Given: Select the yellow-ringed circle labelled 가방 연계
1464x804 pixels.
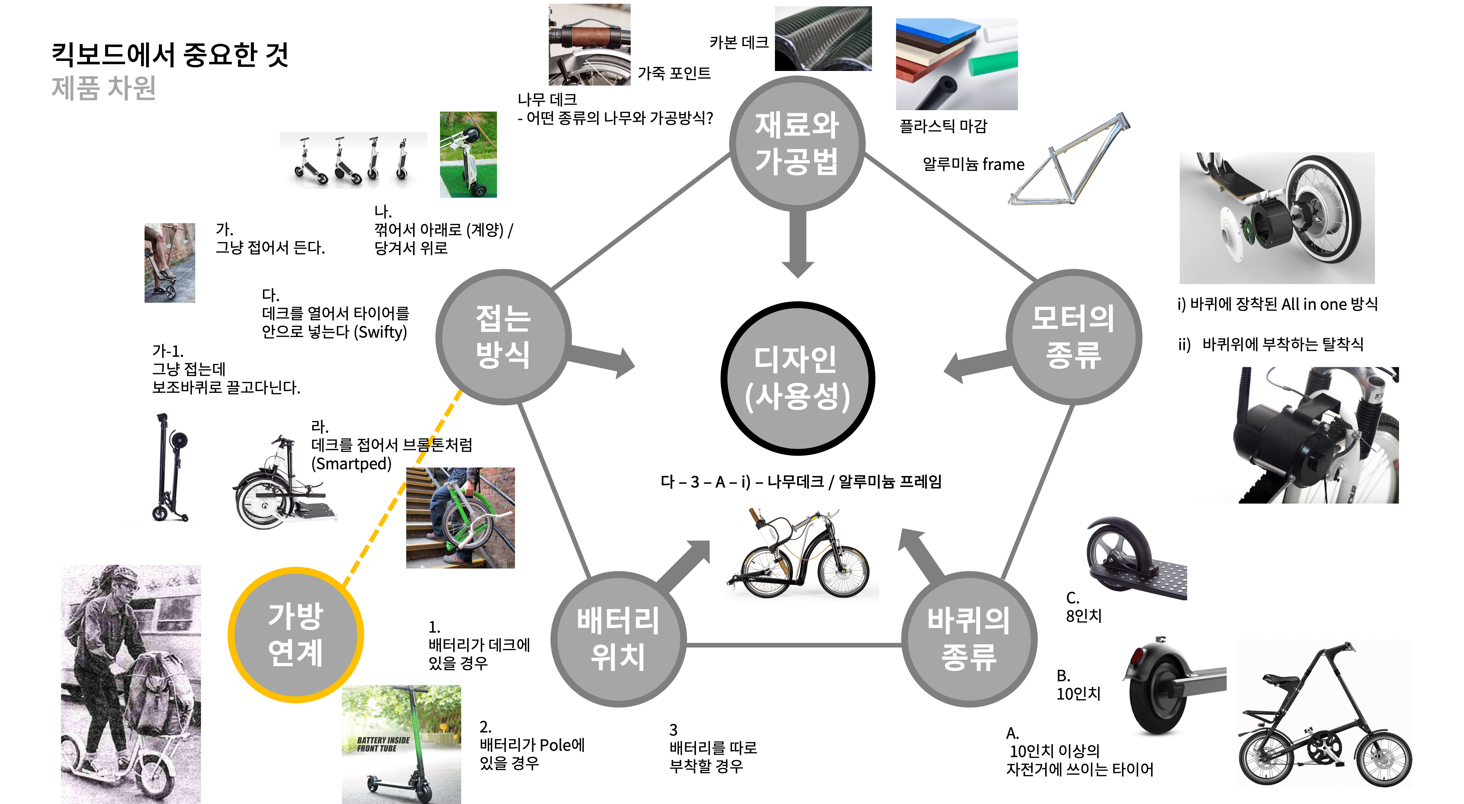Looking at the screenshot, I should coord(295,635).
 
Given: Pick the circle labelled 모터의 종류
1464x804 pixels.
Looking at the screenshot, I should coord(1073,336).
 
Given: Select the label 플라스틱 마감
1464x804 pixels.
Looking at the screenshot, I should coord(944,126).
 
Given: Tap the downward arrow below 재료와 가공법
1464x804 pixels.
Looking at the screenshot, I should coord(797,244).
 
